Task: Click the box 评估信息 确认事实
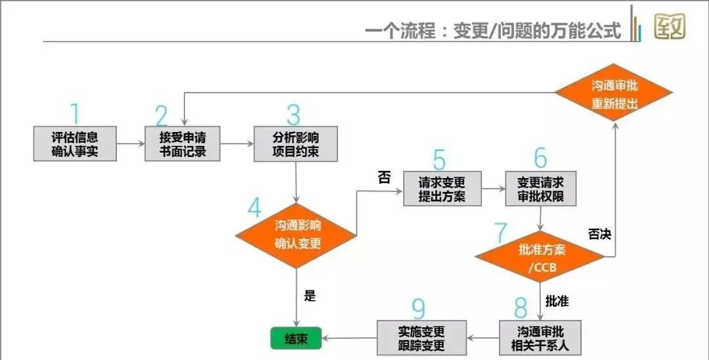75,144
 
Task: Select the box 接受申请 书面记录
183,144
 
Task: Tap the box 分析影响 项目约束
295,144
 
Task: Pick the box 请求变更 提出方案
442,189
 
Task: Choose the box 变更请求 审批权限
540,189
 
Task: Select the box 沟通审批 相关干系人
540,337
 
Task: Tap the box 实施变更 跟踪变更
421,338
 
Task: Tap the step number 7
501,233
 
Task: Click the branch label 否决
599,233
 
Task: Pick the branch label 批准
557,302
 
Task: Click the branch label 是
310,296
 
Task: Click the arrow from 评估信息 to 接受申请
131,143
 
